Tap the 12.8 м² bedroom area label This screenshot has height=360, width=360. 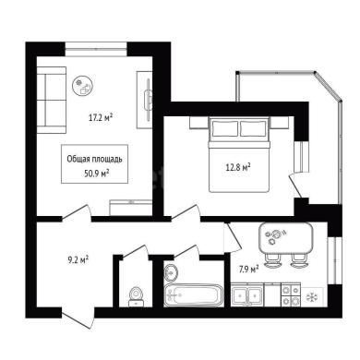click(238, 167)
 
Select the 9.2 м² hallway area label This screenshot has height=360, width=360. click(78, 260)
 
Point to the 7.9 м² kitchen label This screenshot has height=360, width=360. click(248, 270)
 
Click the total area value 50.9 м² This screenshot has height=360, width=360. click(97, 174)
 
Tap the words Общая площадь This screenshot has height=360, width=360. click(94, 159)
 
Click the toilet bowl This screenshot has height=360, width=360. click(136, 296)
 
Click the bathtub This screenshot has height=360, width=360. click(193, 295)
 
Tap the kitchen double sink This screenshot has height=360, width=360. click(247, 295)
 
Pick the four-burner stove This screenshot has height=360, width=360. click(291, 295)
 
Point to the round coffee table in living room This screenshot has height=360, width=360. click(82, 86)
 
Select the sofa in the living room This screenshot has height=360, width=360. click(52, 100)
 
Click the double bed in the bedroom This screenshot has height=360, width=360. click(239, 155)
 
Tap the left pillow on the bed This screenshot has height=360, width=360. click(225, 128)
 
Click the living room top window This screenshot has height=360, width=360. click(96, 49)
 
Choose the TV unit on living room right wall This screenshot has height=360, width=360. click(145, 100)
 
